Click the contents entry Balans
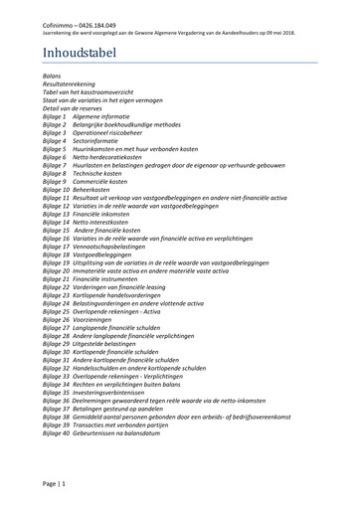(x=53, y=75)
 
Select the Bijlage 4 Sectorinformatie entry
(x=89, y=142)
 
